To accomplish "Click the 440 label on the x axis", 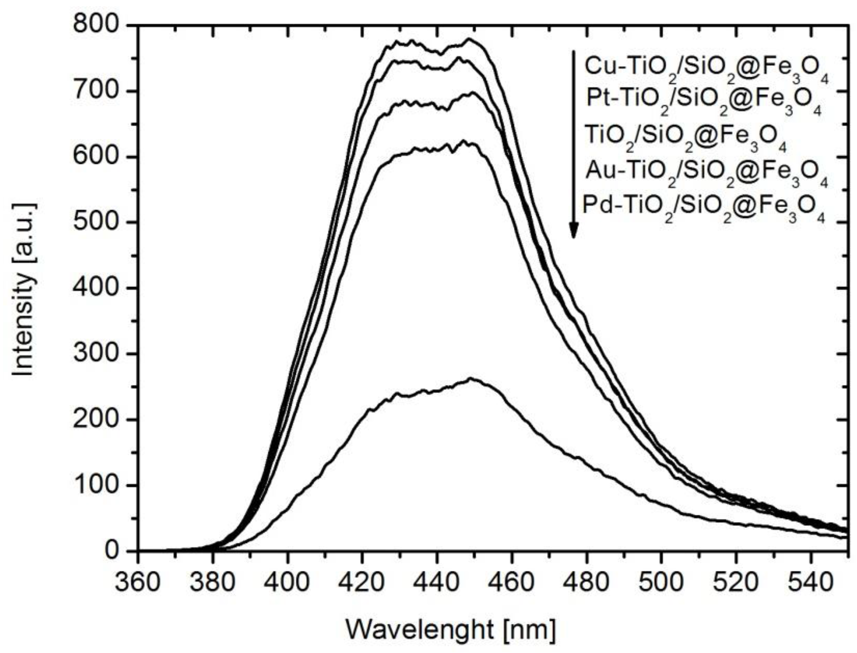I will (x=437, y=581).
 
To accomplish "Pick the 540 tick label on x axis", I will (x=811, y=581).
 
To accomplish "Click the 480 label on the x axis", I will (x=586, y=581).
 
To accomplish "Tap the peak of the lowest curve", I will (x=471, y=378).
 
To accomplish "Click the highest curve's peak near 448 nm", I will (x=469, y=39).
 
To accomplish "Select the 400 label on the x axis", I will (x=287, y=581).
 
